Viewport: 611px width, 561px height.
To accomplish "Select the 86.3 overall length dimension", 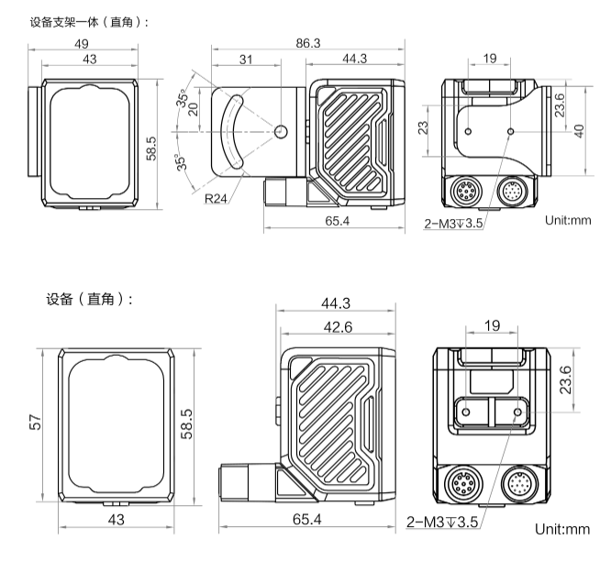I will click(x=307, y=42).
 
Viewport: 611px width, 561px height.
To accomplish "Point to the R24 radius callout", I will click(x=217, y=196).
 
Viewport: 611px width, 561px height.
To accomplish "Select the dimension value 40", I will click(x=578, y=130).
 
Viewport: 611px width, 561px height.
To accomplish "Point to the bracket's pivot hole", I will click(x=282, y=131).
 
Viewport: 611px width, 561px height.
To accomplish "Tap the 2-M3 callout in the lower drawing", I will click(x=443, y=522).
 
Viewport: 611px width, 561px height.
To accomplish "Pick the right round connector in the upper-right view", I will click(x=512, y=192).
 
